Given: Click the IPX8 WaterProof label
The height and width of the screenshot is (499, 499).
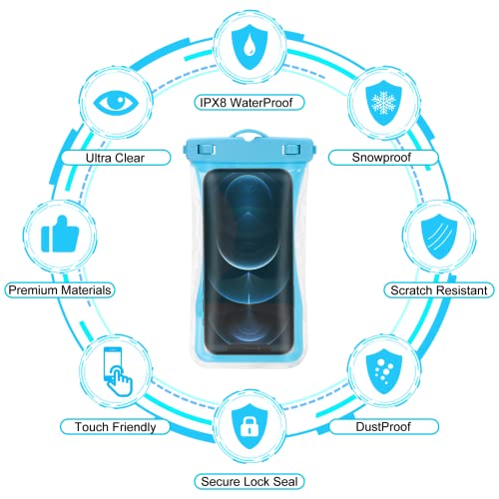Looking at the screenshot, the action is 249,103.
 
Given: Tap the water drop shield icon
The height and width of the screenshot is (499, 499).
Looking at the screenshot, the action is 249,47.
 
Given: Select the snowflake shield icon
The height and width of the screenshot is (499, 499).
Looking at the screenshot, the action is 383,103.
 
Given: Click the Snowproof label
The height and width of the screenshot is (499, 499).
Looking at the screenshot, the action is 383,158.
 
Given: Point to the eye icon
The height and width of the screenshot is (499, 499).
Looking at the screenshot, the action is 116,101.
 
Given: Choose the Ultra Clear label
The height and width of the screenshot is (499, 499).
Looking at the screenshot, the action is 116,158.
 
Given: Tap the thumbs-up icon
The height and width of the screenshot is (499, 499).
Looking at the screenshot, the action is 60,234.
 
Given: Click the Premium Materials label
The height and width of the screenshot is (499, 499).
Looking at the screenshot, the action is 60,290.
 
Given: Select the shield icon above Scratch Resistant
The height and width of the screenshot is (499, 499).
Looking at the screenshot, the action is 439,237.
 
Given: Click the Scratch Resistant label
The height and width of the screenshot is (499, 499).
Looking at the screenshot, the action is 439,290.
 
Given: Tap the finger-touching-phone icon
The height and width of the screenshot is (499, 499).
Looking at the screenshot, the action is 118,371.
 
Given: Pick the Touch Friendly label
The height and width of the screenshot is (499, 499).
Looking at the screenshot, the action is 115,427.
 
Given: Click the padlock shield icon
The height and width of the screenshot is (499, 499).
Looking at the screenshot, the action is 249,426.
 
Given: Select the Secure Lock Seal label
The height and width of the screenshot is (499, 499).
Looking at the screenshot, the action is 249,482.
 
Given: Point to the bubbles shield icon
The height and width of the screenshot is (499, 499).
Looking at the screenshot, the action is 383,371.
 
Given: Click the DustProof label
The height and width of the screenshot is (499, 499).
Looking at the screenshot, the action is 383,427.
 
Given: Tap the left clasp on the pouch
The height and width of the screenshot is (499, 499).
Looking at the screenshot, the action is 207,150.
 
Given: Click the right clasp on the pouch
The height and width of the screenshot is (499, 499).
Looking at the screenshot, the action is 291,150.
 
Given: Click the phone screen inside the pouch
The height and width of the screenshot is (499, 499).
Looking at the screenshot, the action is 249,262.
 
